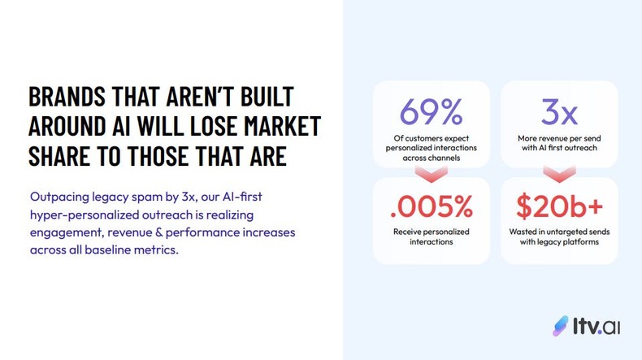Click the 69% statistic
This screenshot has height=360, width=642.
431,111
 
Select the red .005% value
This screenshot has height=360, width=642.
431,207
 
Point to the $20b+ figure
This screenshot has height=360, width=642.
559,207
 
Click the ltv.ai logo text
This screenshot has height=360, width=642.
596,326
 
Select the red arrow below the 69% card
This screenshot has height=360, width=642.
431,173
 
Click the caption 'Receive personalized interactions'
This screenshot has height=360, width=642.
431,236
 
